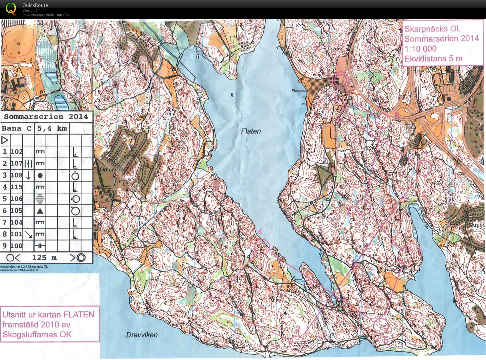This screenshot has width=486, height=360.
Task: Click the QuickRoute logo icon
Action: coord(11,9)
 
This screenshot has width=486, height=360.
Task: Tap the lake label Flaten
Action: coord(251,131)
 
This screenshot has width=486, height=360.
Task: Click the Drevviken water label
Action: coord(142,335)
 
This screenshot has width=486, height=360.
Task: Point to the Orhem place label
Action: coord(108,170)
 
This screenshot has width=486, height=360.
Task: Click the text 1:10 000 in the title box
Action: coord(420,49)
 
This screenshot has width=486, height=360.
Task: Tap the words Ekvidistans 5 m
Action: coord(433,59)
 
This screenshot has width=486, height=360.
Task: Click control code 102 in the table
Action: coord(17,152)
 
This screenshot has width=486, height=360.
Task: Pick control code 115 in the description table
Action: coord(17,187)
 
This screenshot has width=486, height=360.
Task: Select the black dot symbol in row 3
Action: coord(40,175)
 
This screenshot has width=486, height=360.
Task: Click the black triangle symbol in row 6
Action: coord(40,211)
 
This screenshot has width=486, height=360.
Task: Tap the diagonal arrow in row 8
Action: coord(28,234)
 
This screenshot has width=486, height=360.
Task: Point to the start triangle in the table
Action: coord(5,140)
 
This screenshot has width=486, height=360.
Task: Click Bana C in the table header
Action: coord(17,128)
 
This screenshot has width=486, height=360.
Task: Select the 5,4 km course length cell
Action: coord(52,128)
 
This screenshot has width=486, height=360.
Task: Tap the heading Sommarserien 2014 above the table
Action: coord(46,116)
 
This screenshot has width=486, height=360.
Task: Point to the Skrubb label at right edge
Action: coord(476,225)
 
